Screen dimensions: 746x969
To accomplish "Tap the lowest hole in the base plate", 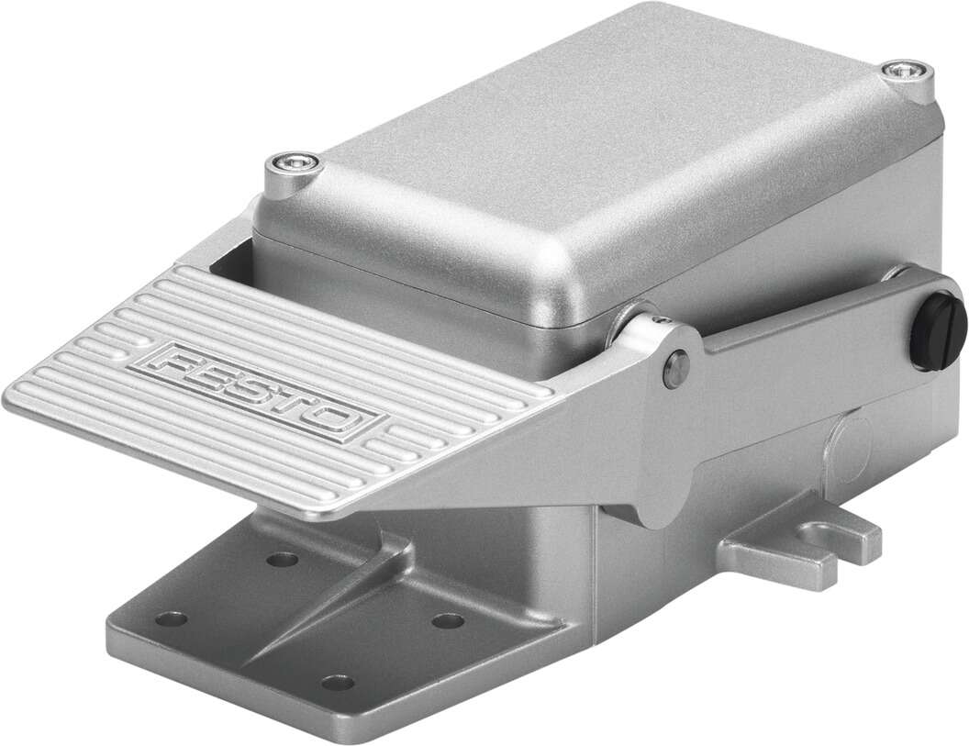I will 339,683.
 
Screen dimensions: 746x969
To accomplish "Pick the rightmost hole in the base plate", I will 447,622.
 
